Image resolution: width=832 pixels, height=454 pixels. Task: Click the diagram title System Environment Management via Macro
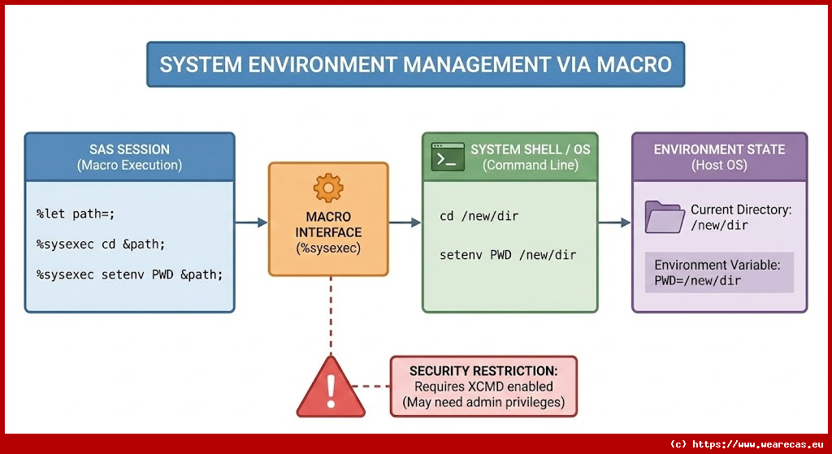[415, 65]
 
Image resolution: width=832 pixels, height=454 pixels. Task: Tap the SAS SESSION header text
[129, 149]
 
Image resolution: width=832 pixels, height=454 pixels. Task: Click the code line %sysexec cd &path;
[101, 244]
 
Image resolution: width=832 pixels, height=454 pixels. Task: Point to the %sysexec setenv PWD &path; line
[129, 275]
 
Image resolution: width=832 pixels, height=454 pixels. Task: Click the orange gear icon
[328, 188]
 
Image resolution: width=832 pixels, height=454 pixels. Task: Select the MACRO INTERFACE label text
[328, 225]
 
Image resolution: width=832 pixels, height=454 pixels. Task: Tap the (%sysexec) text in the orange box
[328, 249]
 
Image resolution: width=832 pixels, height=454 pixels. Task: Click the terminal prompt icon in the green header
[447, 157]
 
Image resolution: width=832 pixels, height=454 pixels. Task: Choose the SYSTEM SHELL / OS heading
[530, 149]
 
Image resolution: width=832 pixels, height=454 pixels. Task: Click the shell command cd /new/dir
[479, 216]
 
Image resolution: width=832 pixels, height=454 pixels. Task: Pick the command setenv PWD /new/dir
[507, 255]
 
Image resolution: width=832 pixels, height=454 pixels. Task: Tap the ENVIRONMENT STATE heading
[719, 149]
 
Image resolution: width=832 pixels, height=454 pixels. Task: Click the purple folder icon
[665, 217]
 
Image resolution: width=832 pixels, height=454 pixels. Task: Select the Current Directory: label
[740, 210]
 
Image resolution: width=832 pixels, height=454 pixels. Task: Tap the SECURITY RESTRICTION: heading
[483, 370]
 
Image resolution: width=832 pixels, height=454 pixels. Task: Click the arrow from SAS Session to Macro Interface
[251, 223]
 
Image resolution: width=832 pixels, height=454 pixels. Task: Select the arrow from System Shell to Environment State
[614, 223]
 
